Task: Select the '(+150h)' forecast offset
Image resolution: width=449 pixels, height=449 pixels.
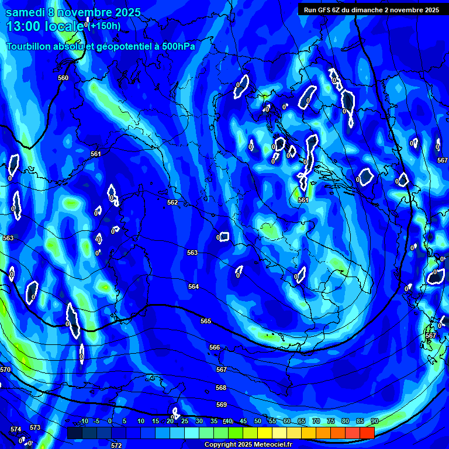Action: click(105, 26)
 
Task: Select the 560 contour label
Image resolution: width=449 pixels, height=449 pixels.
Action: click(63, 78)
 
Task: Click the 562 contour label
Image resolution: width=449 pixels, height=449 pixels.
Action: click(172, 202)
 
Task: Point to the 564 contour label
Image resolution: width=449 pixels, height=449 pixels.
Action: click(194, 286)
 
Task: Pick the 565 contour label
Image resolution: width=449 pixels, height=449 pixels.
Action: click(206, 321)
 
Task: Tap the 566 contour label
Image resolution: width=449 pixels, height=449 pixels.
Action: click(215, 347)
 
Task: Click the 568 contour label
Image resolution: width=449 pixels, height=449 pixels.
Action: click(221, 388)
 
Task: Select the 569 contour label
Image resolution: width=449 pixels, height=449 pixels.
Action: click(222, 405)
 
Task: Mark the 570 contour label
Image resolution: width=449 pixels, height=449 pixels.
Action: click(5, 369)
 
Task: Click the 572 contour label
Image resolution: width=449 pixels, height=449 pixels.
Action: click(116, 445)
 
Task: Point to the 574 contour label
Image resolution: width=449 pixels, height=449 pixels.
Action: click(16, 430)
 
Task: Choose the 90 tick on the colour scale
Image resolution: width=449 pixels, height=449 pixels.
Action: click(374, 421)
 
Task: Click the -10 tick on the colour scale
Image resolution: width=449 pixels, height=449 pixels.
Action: click(84, 421)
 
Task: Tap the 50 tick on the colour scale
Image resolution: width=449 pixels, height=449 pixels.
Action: click(258, 421)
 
